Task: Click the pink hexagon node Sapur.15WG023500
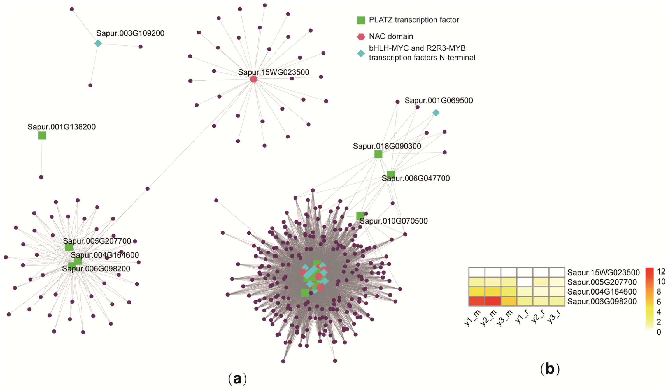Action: [254, 79]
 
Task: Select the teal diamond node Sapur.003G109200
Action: [98, 43]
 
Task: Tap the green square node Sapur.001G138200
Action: [42, 135]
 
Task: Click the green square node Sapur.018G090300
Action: [378, 154]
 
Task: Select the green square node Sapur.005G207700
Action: [69, 247]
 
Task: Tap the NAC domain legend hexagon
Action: [361, 37]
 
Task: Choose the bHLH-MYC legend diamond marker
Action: [361, 53]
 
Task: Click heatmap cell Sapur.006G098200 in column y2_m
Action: [493, 301]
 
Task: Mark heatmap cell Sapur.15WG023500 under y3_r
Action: [557, 272]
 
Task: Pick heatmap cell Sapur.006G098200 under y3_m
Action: [509, 301]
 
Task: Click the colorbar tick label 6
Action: [659, 302]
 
